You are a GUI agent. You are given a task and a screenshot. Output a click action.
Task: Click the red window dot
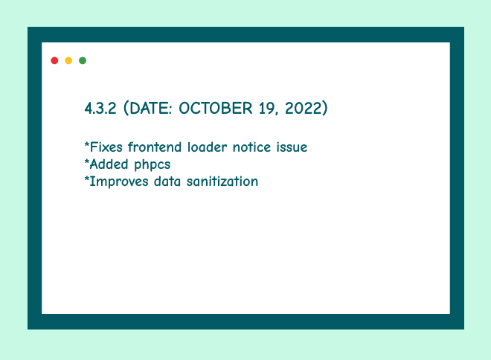pos(54,60)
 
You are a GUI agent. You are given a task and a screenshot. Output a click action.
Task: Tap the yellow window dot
pos(68,60)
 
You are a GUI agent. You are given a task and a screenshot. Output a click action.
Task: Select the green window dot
pos(83,60)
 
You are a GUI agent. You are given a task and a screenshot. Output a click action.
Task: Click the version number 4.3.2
pos(100,109)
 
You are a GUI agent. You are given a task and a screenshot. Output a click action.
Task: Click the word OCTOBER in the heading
pos(216,109)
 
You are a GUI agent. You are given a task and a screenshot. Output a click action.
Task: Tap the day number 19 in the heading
pos(268,109)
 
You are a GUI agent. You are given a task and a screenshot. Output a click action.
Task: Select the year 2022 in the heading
pos(304,109)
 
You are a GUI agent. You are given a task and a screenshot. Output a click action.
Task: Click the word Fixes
pos(106,147)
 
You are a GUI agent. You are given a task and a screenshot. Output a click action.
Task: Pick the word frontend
pos(155,147)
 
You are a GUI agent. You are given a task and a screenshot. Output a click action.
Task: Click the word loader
pos(207,147)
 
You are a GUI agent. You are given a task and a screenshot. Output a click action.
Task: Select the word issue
pos(292,147)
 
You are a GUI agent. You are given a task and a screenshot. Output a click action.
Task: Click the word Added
pos(109,164)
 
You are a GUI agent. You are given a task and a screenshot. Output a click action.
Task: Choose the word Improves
pos(119,182)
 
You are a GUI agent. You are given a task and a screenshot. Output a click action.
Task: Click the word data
pos(167,181)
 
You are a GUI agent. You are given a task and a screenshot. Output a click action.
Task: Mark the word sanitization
pos(222,181)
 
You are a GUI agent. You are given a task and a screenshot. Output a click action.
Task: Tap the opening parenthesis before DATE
pos(126,109)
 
